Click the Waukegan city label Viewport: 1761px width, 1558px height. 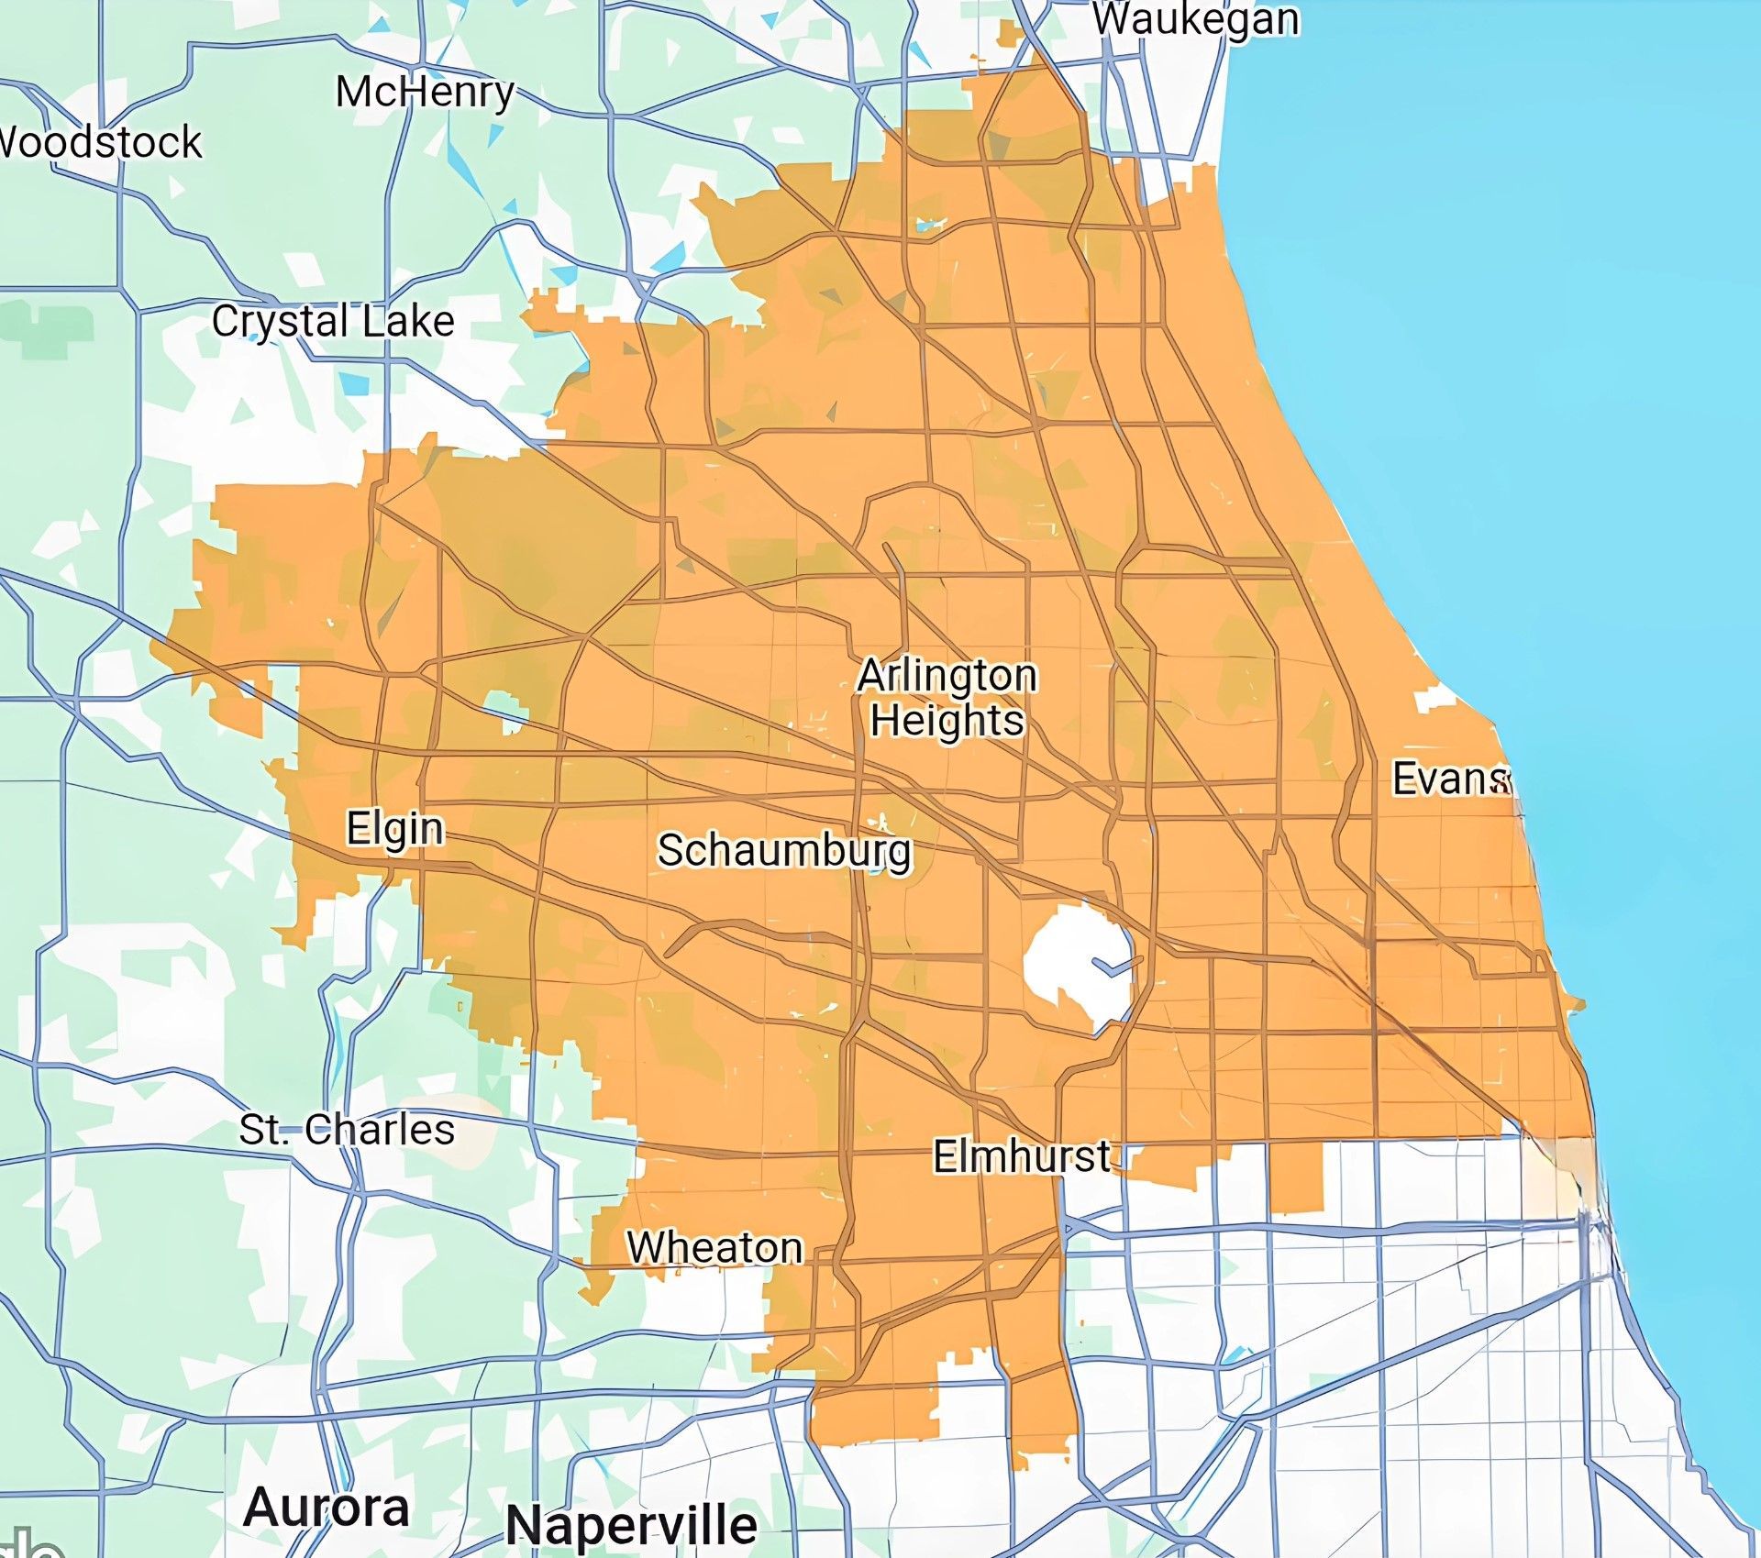click(1195, 19)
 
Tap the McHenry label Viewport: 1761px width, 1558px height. click(425, 92)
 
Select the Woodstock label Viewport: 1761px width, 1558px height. click(99, 142)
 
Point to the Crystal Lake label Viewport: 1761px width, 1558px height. click(333, 322)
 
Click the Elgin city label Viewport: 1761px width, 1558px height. click(395, 829)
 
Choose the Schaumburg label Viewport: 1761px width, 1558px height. click(785, 851)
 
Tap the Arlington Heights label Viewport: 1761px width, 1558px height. click(947, 698)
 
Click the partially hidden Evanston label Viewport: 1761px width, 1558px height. click(1449, 779)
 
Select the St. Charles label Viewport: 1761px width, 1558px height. click(347, 1129)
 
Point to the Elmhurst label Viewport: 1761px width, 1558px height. click(1022, 1156)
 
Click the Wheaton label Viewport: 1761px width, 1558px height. click(714, 1248)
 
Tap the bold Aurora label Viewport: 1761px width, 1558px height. click(327, 1508)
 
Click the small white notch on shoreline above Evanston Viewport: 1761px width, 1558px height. click(1434, 699)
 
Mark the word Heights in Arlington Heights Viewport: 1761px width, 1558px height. click(947, 721)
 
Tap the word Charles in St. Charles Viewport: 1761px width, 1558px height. click(380, 1129)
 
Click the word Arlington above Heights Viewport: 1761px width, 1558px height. click(947, 676)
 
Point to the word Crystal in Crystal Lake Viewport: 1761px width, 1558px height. click(281, 322)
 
